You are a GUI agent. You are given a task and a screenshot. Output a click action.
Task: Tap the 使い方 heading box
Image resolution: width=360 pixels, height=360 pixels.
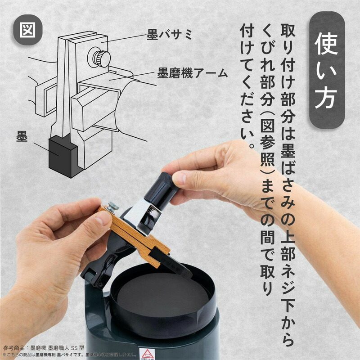(327, 70)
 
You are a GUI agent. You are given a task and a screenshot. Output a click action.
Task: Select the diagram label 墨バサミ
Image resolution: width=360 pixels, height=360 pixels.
(170, 34)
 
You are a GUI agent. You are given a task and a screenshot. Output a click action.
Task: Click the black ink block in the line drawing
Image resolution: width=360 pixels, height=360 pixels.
(61, 155)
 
